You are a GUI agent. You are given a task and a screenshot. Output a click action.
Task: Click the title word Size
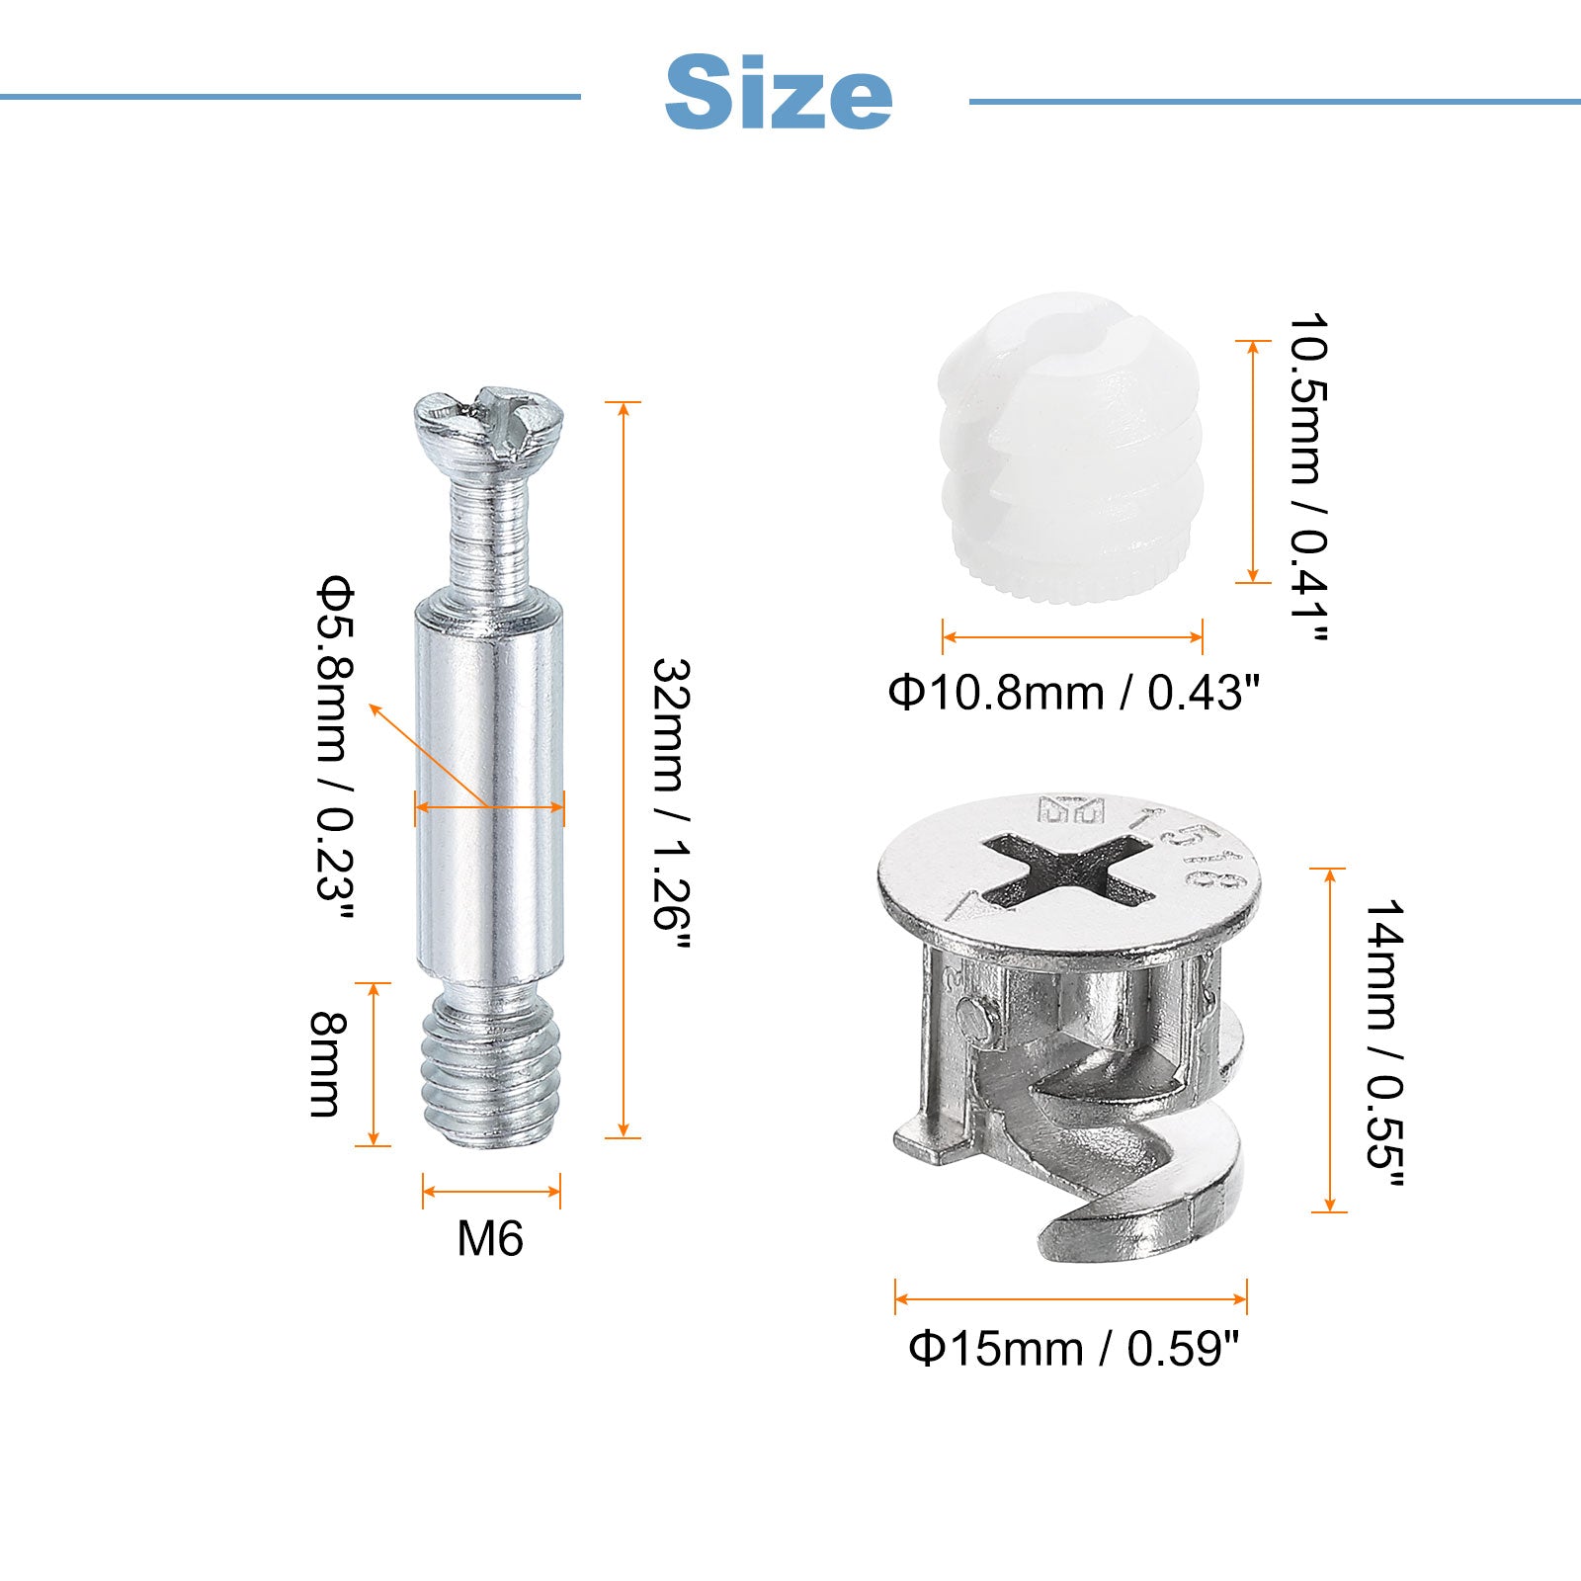tap(779, 93)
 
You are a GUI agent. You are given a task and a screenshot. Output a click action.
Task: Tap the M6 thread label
tap(490, 1238)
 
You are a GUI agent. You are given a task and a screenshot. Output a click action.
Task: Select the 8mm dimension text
tap(326, 1063)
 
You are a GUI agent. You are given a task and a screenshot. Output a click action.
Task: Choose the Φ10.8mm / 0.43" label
tap(1074, 693)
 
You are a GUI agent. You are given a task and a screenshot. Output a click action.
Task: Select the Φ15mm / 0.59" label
tap(1073, 1348)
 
